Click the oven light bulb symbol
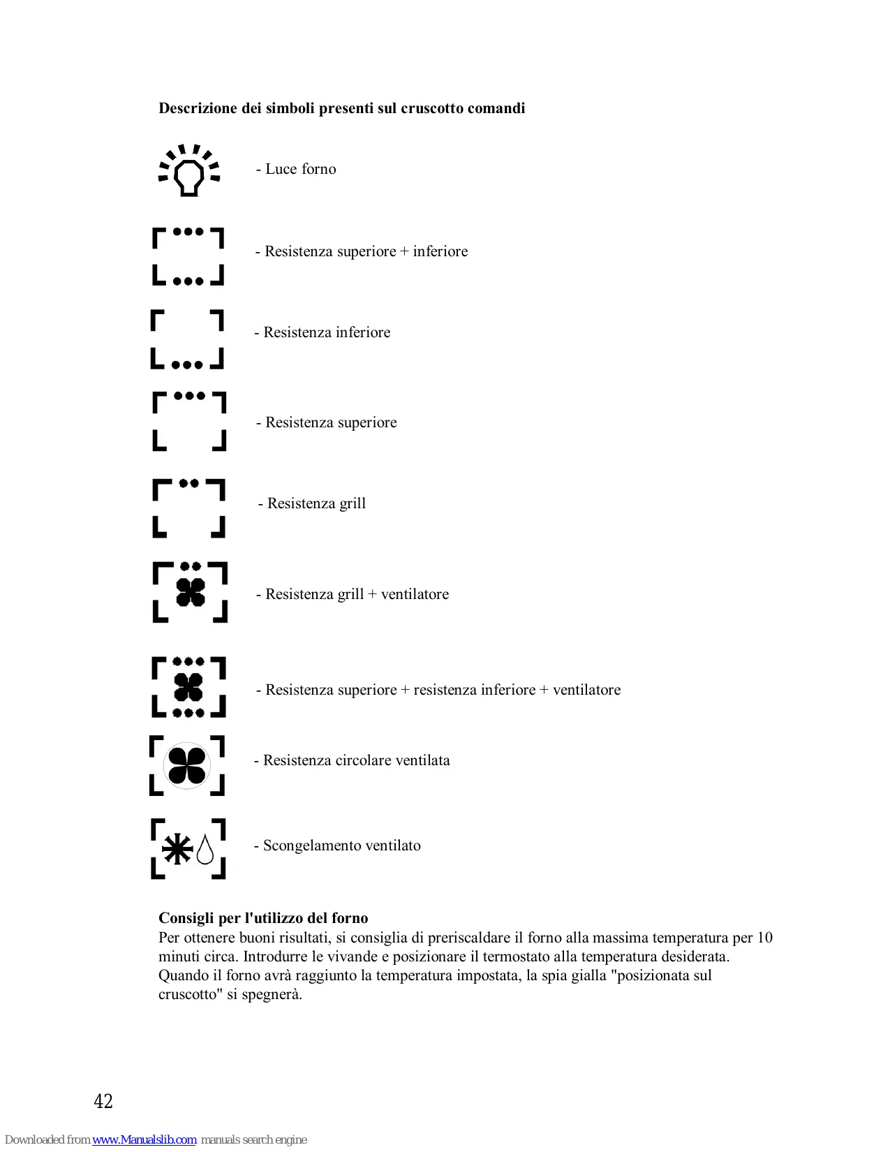click(x=188, y=171)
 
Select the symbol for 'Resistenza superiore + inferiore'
click(x=188, y=256)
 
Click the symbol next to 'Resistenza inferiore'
click(x=187, y=339)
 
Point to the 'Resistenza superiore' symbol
click(x=189, y=421)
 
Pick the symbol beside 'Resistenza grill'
click(x=188, y=508)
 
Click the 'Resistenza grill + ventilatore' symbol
click(x=190, y=592)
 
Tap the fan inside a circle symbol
click(x=187, y=765)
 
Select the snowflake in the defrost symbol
click(x=177, y=849)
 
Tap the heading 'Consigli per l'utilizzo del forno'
click(x=263, y=918)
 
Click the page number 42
click(x=103, y=1101)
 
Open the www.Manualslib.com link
click(x=144, y=1139)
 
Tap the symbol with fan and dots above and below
click(x=188, y=687)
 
